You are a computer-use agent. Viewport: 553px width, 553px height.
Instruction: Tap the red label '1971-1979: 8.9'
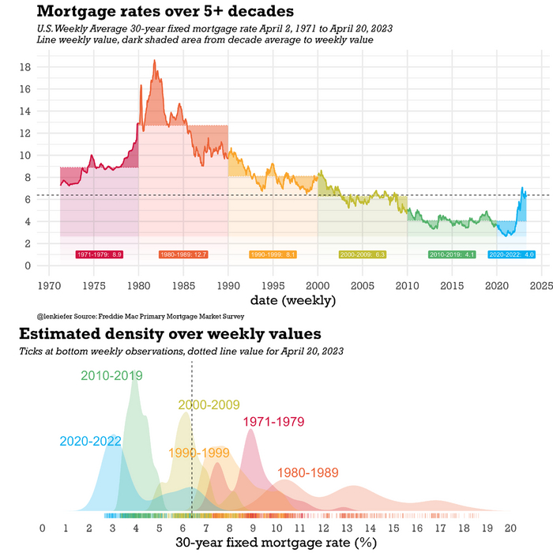click(100, 254)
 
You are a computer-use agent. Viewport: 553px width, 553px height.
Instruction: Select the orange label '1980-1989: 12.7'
click(183, 254)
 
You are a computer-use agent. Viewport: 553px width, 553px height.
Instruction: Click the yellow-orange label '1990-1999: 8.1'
click(273, 254)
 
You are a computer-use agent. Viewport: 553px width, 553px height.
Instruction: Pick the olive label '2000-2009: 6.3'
click(362, 254)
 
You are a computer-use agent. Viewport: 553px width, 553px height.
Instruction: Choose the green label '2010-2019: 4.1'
click(451, 254)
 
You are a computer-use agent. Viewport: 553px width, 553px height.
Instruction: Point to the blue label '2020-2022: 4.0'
click(512, 254)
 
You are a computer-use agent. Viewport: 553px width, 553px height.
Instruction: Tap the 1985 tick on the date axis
click(183, 284)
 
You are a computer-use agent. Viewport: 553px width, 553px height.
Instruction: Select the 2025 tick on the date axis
click(541, 284)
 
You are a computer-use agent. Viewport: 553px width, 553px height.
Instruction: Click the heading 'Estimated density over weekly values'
click(170, 333)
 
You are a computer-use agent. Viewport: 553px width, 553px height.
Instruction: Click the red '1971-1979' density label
click(273, 423)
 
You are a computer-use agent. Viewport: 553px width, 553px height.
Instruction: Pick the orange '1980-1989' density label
click(307, 473)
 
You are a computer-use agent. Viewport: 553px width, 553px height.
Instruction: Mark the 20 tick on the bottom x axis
click(510, 528)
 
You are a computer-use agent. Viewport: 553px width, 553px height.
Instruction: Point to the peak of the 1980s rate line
click(155, 60)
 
